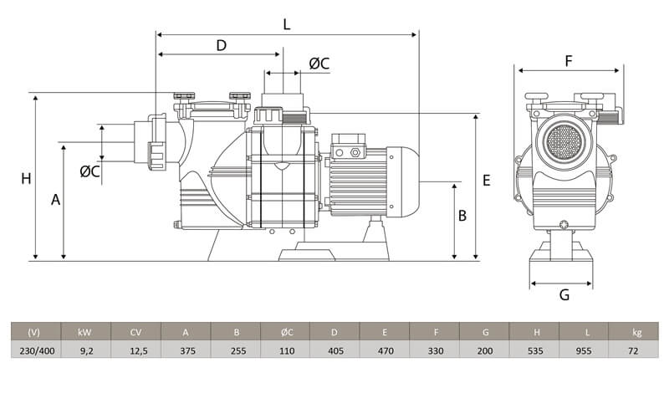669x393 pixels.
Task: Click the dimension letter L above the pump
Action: pyautogui.click(x=286, y=24)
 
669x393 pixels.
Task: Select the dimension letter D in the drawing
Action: pyautogui.click(x=221, y=45)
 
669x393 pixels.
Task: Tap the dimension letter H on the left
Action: pyautogui.click(x=26, y=178)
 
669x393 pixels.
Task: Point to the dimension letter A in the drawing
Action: pyautogui.click(x=55, y=200)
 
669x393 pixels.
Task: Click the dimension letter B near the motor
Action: pyautogui.click(x=462, y=216)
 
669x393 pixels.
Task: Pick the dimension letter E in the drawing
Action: pyautogui.click(x=487, y=181)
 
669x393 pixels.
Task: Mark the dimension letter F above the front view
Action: pyautogui.click(x=569, y=61)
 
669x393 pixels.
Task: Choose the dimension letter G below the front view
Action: pyautogui.click(x=564, y=295)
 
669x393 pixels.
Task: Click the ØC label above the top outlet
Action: pyautogui.click(x=319, y=64)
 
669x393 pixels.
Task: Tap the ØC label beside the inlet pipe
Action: pyautogui.click(x=89, y=171)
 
